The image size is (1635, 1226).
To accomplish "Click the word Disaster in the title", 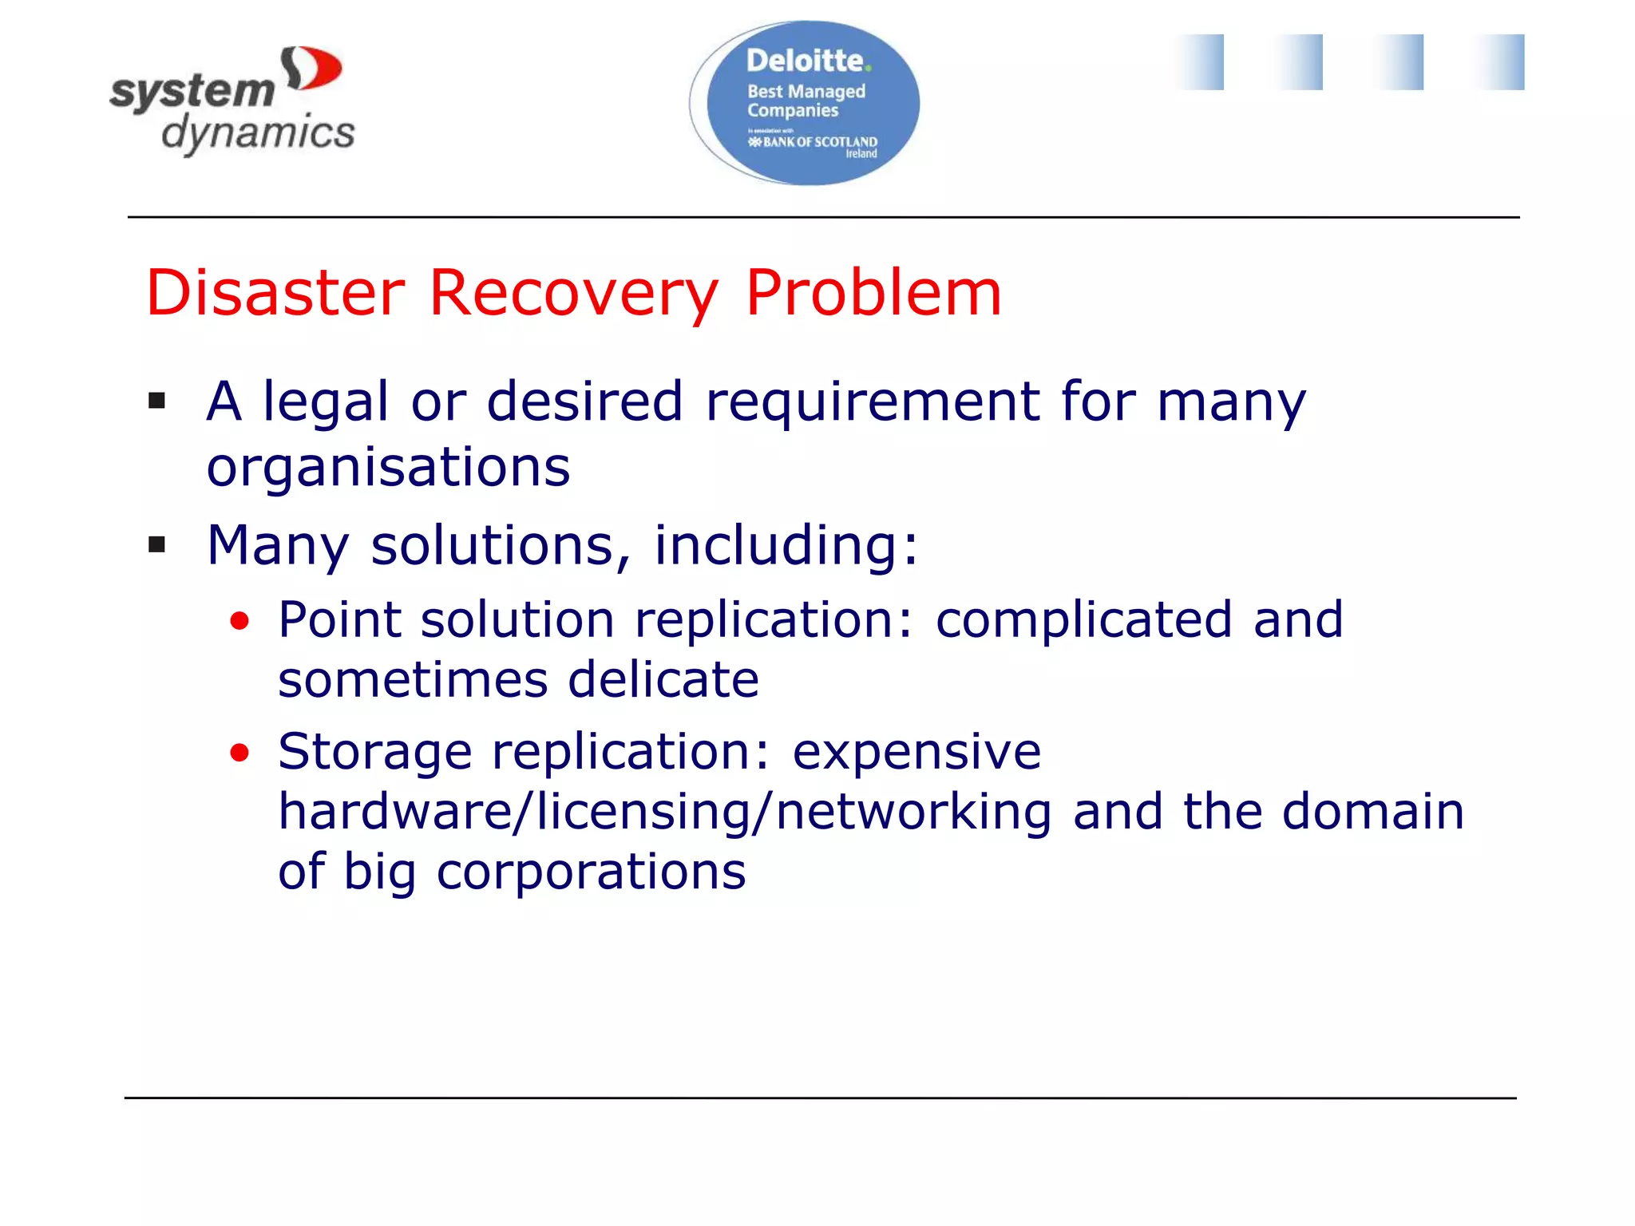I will pyautogui.click(x=275, y=293).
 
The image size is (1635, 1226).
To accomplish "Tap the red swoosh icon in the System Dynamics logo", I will pyautogui.click(x=312, y=69).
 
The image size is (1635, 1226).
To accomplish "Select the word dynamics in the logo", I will pyautogui.click(x=258, y=133).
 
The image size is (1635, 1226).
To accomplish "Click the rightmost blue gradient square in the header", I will pyautogui.click(x=1500, y=62).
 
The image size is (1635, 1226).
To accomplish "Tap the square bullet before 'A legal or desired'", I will pyautogui.click(x=157, y=401).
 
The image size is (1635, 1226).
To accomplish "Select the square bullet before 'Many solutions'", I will pyautogui.click(x=157, y=545).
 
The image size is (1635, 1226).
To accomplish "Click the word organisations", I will pyautogui.click(x=388, y=468).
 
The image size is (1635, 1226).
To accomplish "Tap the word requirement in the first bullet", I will pyautogui.click(x=873, y=401).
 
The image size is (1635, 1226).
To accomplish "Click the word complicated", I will pyautogui.click(x=1083, y=620).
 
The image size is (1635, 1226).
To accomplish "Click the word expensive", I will pyautogui.click(x=916, y=753).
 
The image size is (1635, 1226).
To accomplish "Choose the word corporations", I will pyautogui.click(x=591, y=872).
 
